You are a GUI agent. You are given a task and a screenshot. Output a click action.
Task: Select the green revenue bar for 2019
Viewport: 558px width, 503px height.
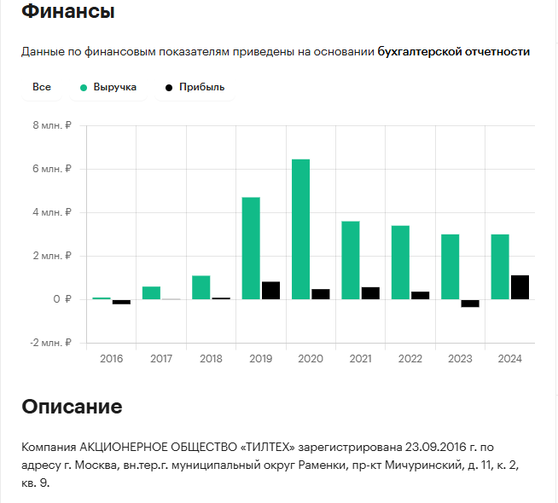[x=251, y=248]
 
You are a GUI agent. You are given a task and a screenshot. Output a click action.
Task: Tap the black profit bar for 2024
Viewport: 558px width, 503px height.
[x=520, y=287]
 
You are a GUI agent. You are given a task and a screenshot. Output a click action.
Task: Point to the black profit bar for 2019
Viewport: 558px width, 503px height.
[x=270, y=291]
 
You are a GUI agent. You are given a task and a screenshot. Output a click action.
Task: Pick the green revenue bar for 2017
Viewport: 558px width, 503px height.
[x=151, y=292]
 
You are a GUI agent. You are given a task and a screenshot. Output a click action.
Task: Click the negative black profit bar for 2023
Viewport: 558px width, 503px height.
[x=470, y=304]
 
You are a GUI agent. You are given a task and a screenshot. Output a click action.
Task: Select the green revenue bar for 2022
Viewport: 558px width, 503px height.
[x=400, y=263]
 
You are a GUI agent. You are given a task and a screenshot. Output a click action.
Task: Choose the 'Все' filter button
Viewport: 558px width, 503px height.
[x=42, y=87]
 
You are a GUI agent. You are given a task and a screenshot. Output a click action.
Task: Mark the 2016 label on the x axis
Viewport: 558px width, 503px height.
[x=112, y=359]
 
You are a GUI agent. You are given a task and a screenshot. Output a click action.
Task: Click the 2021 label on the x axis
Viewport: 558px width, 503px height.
[x=361, y=359]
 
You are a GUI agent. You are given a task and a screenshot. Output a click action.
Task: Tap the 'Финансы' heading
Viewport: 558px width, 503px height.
[x=68, y=13]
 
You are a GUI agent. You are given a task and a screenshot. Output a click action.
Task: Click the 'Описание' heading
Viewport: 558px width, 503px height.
[x=72, y=406]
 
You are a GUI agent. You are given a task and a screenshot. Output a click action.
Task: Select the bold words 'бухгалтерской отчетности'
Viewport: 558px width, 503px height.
[x=454, y=52]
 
